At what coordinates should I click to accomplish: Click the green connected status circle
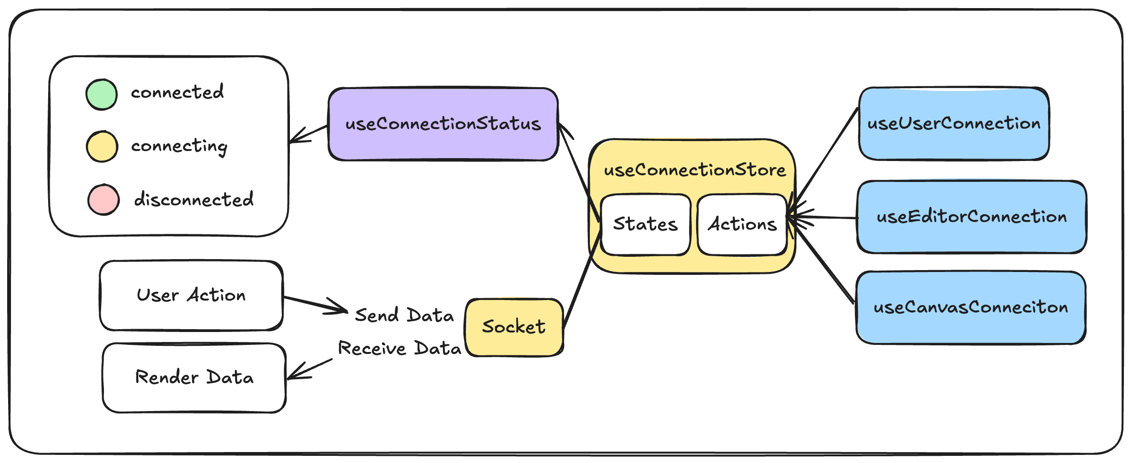(x=102, y=94)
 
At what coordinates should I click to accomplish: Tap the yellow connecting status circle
(x=102, y=146)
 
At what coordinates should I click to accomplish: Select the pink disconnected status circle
(x=103, y=199)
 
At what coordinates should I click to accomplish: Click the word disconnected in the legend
(x=194, y=199)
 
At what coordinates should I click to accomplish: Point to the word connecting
(x=179, y=146)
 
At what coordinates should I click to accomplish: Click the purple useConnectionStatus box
(x=443, y=124)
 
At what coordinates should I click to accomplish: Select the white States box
(x=646, y=224)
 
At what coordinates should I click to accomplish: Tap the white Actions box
(x=742, y=224)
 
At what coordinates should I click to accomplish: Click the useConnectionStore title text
(x=695, y=170)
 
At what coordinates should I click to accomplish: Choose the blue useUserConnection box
(x=954, y=123)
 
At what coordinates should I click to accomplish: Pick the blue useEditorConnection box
(x=972, y=217)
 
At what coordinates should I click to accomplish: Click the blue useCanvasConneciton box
(x=971, y=307)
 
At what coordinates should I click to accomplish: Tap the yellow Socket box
(x=514, y=327)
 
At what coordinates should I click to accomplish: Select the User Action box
(x=191, y=295)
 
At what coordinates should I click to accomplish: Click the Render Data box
(x=194, y=378)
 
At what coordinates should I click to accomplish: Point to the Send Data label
(x=404, y=315)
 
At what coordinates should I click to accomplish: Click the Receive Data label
(x=400, y=348)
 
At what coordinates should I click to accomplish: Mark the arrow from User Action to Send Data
(x=316, y=305)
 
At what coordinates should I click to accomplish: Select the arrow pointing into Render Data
(x=310, y=369)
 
